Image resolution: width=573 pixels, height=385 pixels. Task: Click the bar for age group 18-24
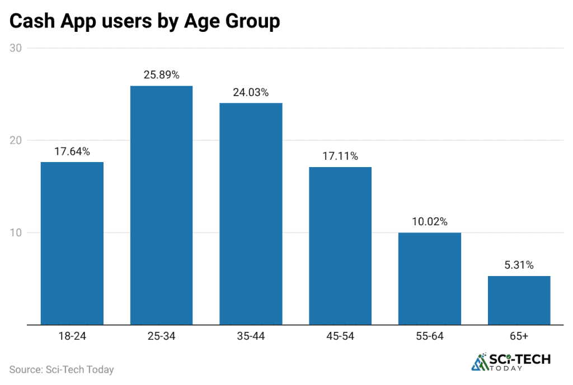pos(72,243)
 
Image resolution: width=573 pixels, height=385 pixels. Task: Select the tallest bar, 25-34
pos(161,205)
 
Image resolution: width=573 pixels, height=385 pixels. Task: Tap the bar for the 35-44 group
pos(251,213)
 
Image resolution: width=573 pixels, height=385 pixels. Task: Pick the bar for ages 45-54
pos(340,246)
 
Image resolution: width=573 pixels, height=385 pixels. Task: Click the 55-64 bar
pos(429,278)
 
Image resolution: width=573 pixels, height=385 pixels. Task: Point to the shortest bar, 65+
pos(519,300)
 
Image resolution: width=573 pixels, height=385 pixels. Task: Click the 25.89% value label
pos(161,75)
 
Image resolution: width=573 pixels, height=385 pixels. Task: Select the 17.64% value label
pos(72,151)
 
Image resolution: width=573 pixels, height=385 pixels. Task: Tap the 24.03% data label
pos(251,92)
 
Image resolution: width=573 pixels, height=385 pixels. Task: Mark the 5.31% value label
pos(519,265)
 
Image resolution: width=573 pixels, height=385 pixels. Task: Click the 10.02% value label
pos(429,222)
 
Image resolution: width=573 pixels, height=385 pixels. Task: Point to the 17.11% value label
pos(340,156)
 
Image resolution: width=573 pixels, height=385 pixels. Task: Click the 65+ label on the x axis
pos(519,336)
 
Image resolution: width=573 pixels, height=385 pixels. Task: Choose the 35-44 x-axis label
pos(251,336)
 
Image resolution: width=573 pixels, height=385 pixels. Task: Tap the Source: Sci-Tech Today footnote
pos(62,369)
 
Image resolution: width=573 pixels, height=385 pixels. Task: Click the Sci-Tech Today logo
pos(511,362)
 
